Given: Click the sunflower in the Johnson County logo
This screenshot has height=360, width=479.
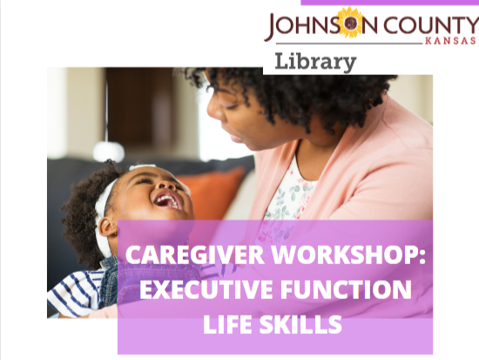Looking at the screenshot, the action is (x=350, y=23).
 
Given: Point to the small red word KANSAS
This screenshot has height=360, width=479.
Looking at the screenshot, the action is (x=450, y=41).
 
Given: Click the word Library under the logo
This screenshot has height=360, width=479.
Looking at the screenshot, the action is (x=315, y=62).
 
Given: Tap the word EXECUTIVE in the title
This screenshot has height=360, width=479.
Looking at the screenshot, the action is (x=206, y=289).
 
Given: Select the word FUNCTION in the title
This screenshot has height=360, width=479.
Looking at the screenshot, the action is (x=346, y=289).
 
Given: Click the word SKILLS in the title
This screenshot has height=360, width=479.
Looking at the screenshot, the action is (x=300, y=324).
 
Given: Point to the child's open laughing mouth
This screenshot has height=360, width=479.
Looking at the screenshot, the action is (x=168, y=200).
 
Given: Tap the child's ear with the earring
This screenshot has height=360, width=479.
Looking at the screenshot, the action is (x=108, y=227).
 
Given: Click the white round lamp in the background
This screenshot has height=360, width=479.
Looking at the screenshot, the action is (x=109, y=151).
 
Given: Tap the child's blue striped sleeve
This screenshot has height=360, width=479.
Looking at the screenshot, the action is (x=75, y=294).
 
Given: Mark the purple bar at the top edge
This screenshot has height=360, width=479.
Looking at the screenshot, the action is (x=390, y=3).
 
